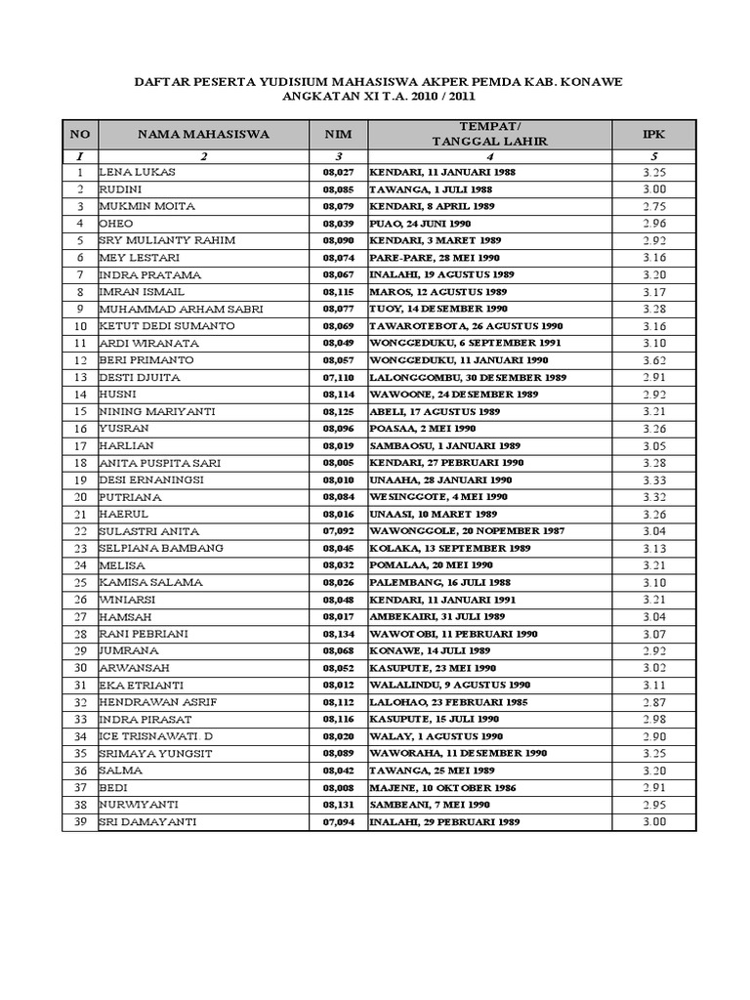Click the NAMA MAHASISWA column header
click(x=203, y=134)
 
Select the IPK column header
click(x=653, y=134)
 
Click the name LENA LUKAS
click(x=138, y=172)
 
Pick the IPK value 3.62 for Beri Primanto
click(x=653, y=360)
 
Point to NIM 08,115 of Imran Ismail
click(x=336, y=292)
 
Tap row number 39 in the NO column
click(x=80, y=822)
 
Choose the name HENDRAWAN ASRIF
click(x=159, y=702)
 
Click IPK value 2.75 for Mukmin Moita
click(x=653, y=206)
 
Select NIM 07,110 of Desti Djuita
click(x=336, y=377)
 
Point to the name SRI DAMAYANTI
click(x=148, y=822)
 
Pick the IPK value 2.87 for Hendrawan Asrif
click(x=653, y=702)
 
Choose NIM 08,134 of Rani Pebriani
click(x=336, y=634)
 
